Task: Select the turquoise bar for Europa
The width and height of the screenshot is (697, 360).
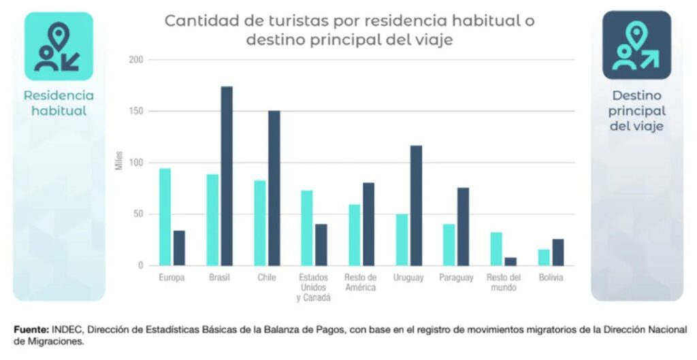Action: click(165, 217)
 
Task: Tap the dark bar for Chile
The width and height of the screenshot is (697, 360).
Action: click(274, 188)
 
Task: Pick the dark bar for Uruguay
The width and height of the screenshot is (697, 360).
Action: click(416, 206)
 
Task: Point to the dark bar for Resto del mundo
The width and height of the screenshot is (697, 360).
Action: click(510, 261)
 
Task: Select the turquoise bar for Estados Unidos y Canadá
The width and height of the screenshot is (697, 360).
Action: click(307, 228)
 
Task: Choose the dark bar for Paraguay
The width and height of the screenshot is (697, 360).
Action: click(463, 227)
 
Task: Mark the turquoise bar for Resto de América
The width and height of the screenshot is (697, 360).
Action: click(354, 235)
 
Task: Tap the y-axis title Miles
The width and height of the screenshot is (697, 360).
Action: click(118, 163)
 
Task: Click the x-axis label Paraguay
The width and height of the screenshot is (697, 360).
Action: click(456, 278)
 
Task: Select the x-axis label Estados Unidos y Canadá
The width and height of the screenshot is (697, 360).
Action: click(314, 288)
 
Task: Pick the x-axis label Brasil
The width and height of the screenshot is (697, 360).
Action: click(219, 278)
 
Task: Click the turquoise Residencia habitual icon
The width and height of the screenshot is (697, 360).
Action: click(59, 46)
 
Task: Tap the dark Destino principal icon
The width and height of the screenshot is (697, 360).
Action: click(636, 46)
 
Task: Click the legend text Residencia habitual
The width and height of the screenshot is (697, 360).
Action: click(59, 103)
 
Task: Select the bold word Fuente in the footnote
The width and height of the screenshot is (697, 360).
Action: click(31, 330)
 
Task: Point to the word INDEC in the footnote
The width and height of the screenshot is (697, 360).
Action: click(65, 330)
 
